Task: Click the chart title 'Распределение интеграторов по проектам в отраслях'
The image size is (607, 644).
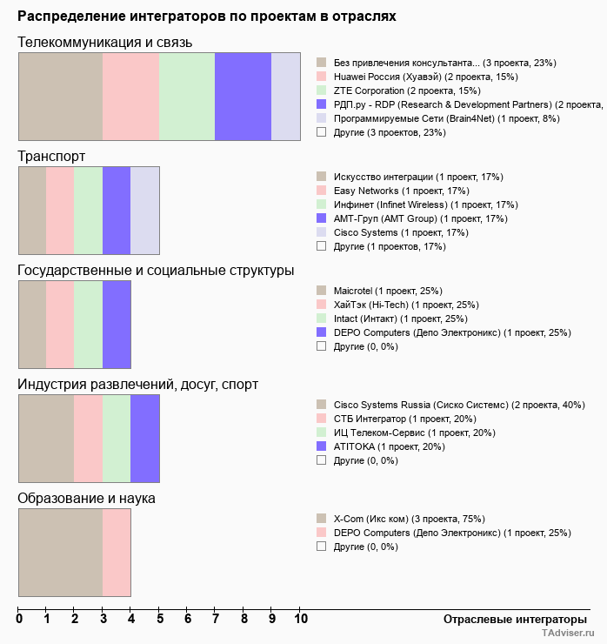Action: (207, 17)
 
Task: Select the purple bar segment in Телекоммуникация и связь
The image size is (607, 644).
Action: (243, 96)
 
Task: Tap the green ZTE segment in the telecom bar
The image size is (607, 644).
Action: (187, 96)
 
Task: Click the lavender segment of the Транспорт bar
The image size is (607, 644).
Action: (144, 210)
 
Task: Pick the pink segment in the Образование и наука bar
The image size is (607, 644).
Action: (117, 553)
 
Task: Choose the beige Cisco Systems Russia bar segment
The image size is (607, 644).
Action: (46, 439)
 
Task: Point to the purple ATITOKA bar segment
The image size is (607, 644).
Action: (144, 439)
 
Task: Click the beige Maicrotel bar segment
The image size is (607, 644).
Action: (32, 325)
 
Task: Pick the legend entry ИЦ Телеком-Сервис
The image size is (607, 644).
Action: (414, 433)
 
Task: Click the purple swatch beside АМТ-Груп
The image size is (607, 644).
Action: (321, 218)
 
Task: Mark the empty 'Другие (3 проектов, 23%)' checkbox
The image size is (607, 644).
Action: (321, 132)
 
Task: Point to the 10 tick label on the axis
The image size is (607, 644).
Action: (300, 619)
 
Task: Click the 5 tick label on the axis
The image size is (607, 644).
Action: (159, 619)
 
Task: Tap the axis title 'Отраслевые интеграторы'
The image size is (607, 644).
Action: (510, 619)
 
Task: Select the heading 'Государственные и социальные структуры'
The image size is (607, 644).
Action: (156, 271)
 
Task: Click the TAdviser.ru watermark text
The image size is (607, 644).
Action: (567, 634)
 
